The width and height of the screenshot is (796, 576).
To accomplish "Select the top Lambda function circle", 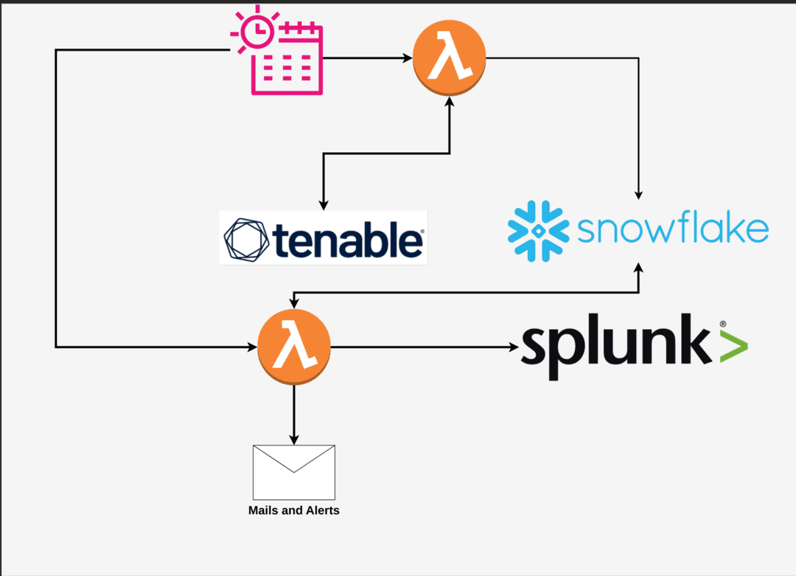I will click(x=449, y=59).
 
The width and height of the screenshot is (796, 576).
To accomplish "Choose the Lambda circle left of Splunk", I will click(x=294, y=346).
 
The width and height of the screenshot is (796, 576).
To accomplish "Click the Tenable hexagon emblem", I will click(x=247, y=240).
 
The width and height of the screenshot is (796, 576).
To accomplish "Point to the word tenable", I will click(x=348, y=239).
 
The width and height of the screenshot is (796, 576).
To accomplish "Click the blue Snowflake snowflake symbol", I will click(x=538, y=231).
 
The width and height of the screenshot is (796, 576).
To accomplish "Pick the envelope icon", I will click(x=294, y=472).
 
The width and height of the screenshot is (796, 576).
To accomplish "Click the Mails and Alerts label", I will click(x=294, y=510).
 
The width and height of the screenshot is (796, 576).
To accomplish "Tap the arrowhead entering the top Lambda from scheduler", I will click(x=407, y=58).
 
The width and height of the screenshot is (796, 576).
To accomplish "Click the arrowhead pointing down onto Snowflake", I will click(x=638, y=194).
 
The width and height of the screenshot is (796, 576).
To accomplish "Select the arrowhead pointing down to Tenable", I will click(x=321, y=204).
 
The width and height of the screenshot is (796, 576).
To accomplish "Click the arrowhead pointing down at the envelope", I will click(x=294, y=440).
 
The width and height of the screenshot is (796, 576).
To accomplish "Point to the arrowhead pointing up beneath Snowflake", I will click(x=638, y=268).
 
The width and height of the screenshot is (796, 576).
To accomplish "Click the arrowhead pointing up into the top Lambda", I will click(x=449, y=102).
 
